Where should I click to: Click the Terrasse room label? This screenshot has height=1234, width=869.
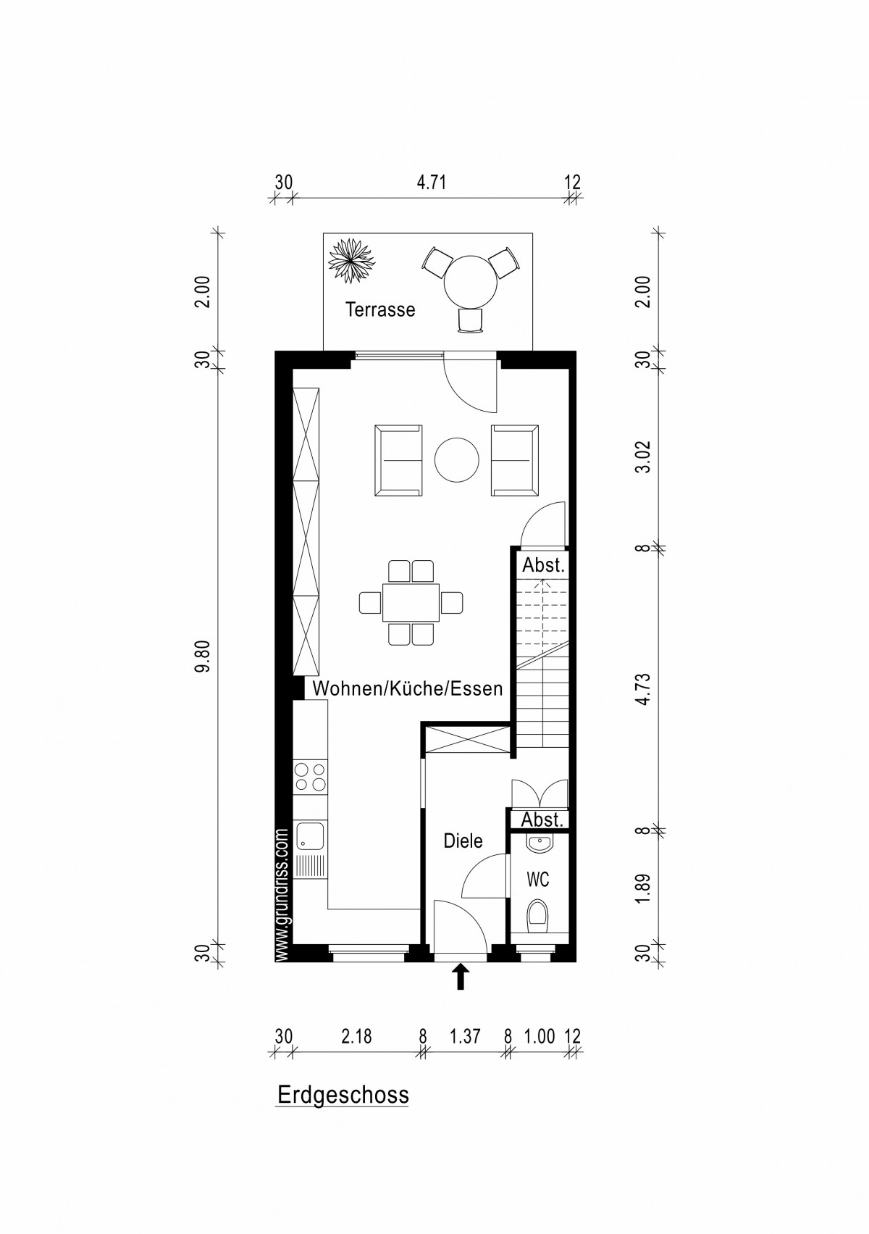[380, 309]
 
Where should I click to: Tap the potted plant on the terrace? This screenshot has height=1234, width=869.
[351, 261]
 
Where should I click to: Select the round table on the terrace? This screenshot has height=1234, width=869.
[470, 283]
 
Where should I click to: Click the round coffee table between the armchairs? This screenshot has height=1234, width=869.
[456, 459]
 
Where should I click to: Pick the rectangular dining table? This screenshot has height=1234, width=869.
[411, 603]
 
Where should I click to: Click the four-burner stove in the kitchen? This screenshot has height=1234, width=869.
[309, 777]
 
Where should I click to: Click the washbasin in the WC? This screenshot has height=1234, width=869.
[539, 843]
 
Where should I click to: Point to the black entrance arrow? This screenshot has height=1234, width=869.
[461, 976]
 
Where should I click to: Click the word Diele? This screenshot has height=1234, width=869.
[463, 841]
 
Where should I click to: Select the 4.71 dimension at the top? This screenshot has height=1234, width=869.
[431, 183]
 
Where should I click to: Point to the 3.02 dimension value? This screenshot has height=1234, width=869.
[643, 457]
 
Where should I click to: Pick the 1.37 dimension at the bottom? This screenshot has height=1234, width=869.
[466, 1037]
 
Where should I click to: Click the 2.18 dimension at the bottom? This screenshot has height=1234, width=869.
[357, 1037]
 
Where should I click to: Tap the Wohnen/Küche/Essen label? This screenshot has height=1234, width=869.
[408, 688]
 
